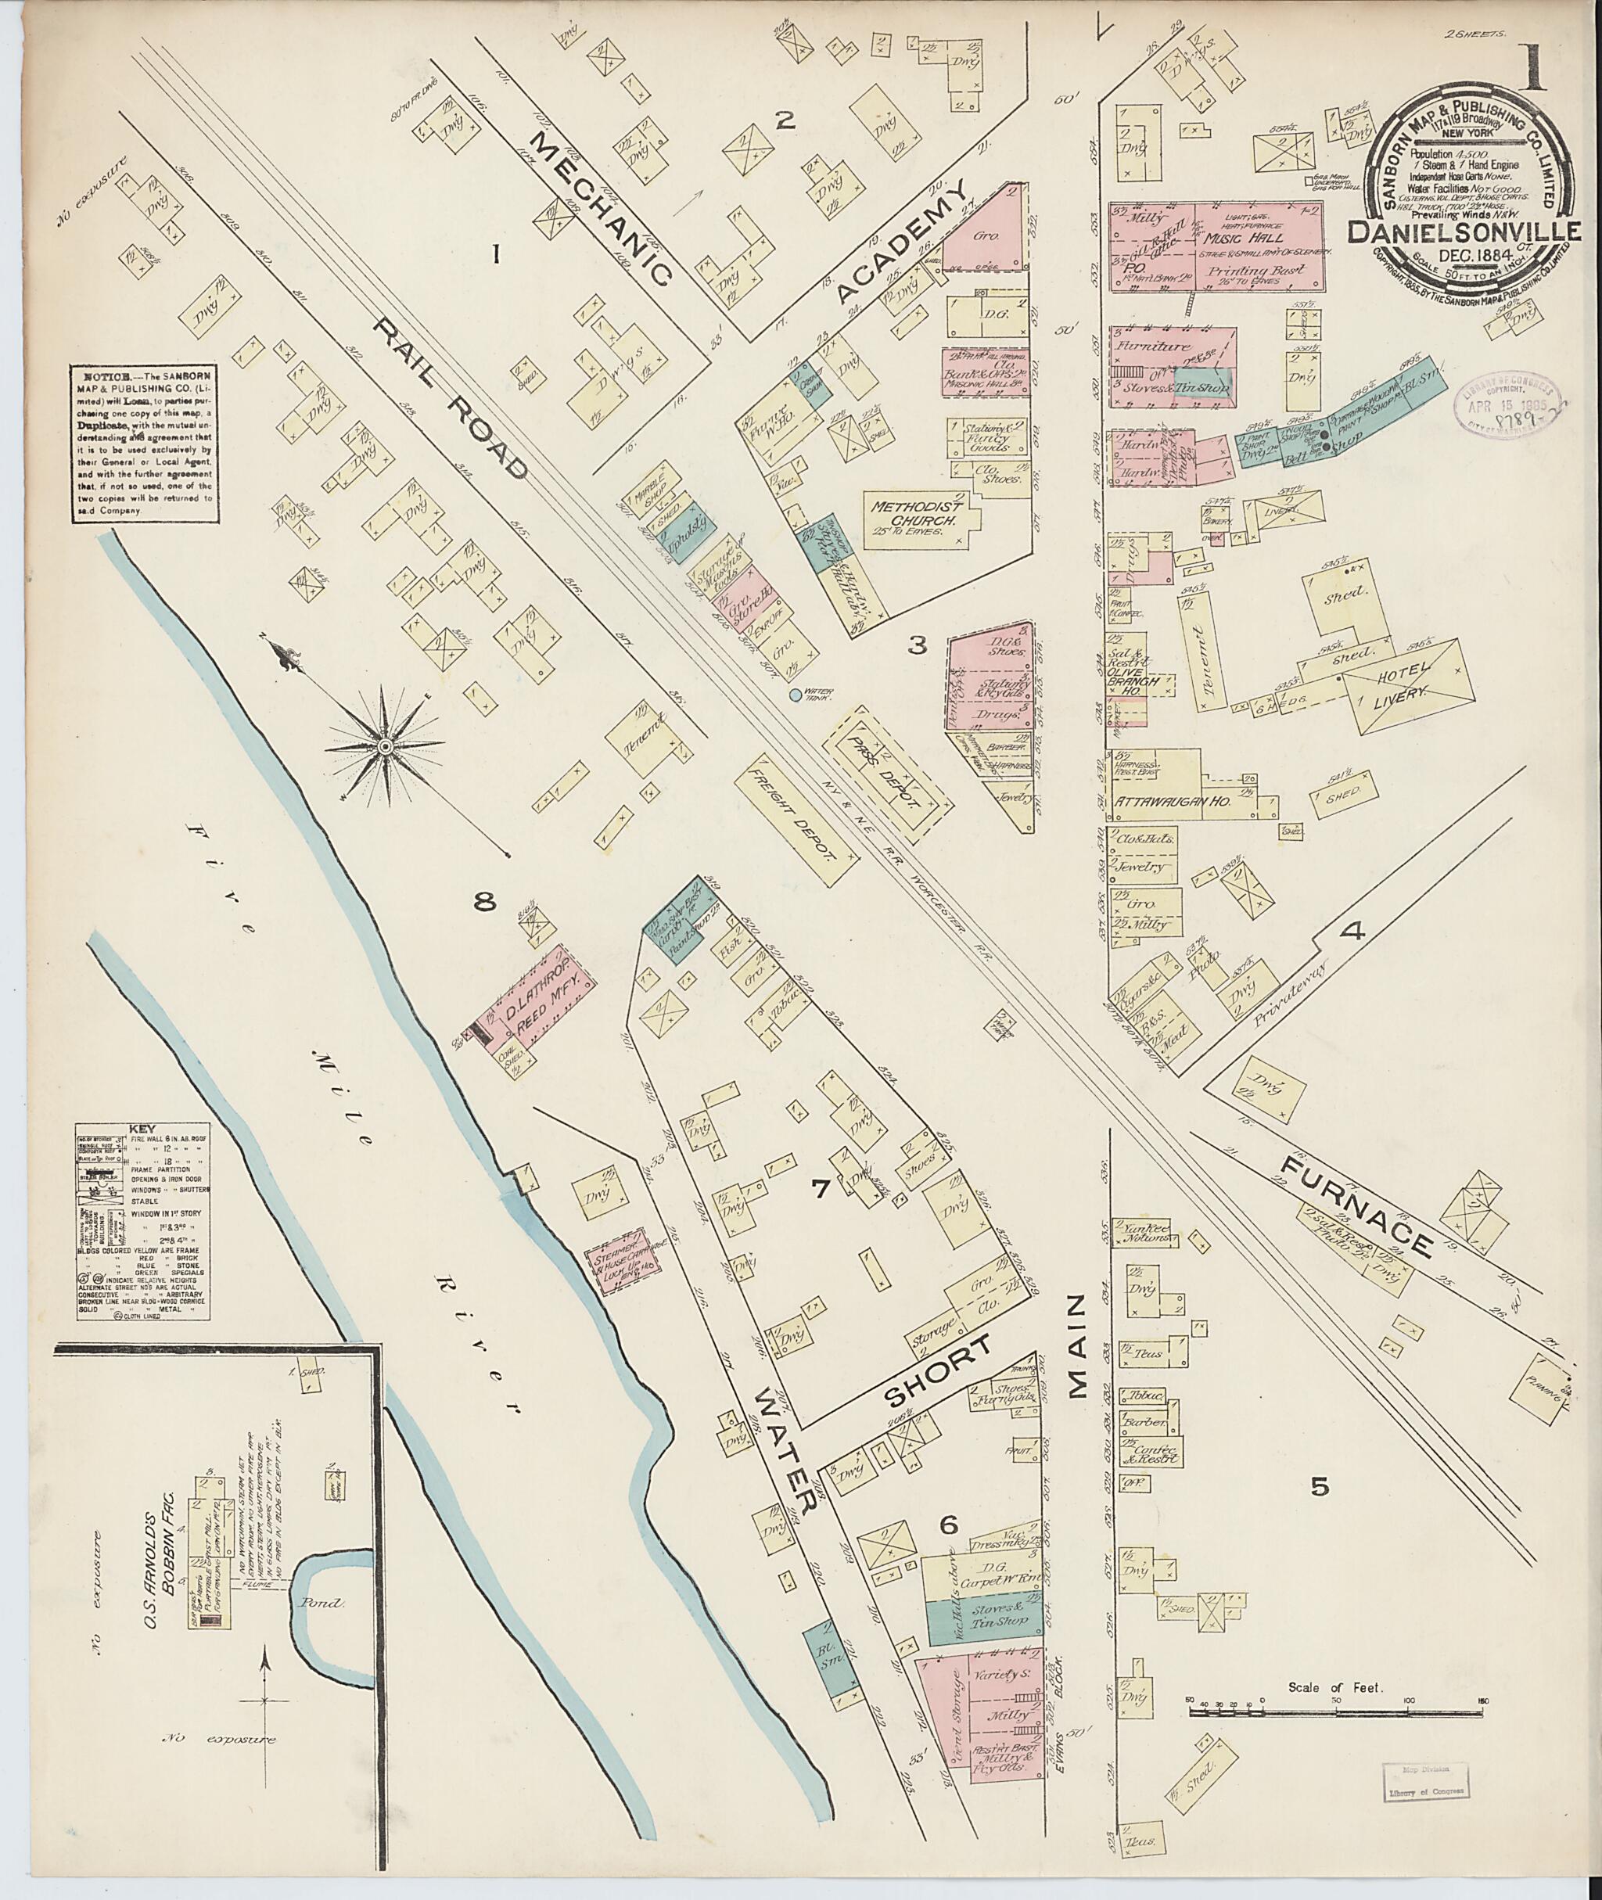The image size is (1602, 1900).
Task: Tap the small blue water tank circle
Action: click(x=796, y=695)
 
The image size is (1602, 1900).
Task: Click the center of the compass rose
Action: click(x=384, y=746)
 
